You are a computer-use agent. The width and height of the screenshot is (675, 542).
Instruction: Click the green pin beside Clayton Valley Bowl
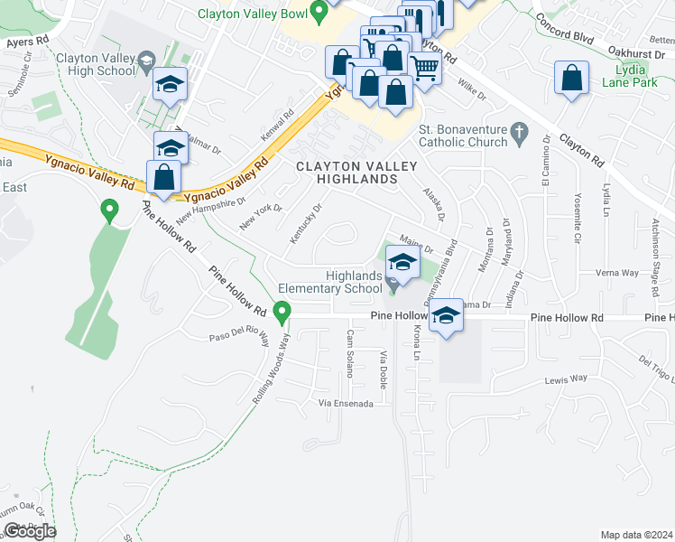point(318,12)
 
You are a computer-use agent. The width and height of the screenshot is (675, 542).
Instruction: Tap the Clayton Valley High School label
point(95,64)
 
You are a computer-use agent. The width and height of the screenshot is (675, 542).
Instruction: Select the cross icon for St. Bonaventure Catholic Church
point(518,133)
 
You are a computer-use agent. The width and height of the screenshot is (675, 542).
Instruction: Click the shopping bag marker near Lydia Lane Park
point(572,79)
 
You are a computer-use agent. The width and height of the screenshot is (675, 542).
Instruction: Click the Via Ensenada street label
point(346,403)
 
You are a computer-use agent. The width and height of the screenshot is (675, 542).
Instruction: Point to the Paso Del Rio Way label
point(239,337)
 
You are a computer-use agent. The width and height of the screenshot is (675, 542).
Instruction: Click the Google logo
point(30,531)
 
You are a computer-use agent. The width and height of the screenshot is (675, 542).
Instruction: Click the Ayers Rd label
point(25,42)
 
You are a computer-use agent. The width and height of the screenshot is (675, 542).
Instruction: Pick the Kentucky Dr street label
point(306,221)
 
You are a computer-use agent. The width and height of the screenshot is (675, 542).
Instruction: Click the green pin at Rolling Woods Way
point(282,313)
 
